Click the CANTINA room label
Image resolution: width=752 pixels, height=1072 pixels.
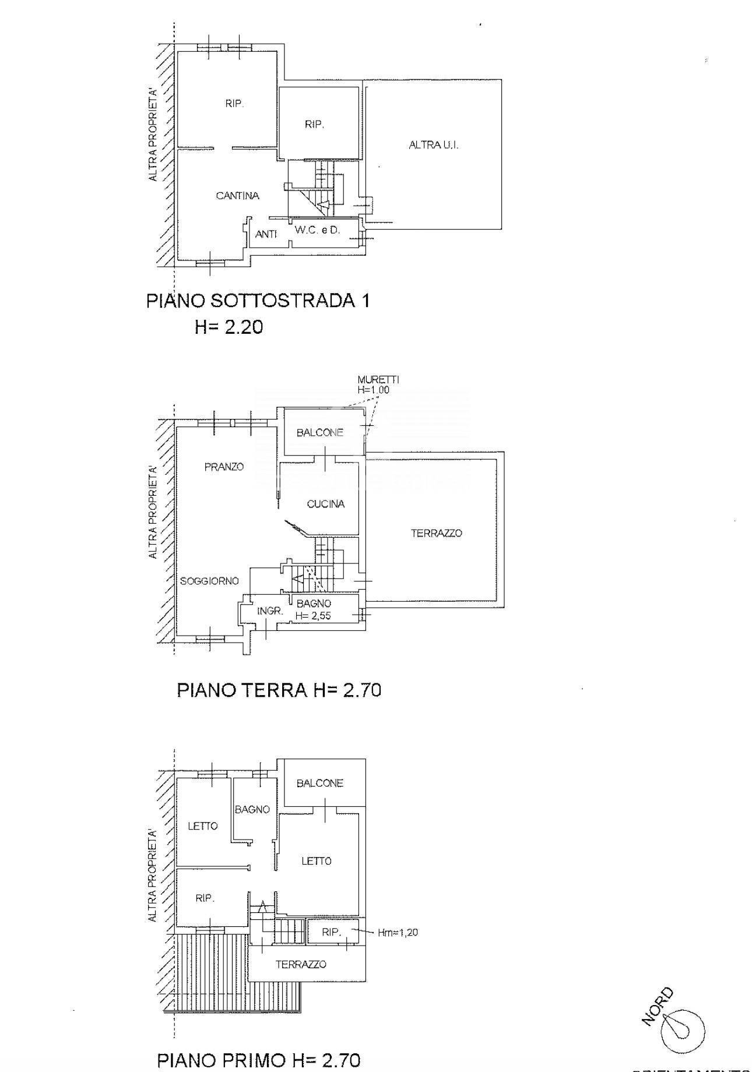pyautogui.click(x=237, y=196)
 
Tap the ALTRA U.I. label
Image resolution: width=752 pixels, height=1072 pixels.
pyautogui.click(x=433, y=145)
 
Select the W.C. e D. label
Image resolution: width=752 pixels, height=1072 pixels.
pyautogui.click(x=317, y=230)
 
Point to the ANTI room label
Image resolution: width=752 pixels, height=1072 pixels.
pyautogui.click(x=266, y=234)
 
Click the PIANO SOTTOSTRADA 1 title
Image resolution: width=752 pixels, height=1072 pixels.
pyautogui.click(x=258, y=301)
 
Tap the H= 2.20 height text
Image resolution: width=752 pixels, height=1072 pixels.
pyautogui.click(x=229, y=327)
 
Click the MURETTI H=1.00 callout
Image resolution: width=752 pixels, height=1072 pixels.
pyautogui.click(x=378, y=385)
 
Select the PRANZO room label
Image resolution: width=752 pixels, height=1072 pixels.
pyautogui.click(x=224, y=467)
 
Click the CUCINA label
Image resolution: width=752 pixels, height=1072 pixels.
pyautogui.click(x=325, y=504)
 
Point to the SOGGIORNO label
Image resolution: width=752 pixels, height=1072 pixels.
pyautogui.click(x=209, y=581)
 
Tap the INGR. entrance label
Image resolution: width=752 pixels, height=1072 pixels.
pyautogui.click(x=270, y=611)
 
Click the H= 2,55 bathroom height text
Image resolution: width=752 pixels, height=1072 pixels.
pyautogui.click(x=314, y=615)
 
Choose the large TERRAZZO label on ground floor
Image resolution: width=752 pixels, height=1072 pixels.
pyautogui.click(x=436, y=533)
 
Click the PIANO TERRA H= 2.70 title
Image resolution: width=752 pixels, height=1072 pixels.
pyautogui.click(x=279, y=690)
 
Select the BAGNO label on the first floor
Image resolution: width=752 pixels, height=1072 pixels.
pyautogui.click(x=252, y=809)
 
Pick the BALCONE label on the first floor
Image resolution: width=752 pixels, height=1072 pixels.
pyautogui.click(x=319, y=783)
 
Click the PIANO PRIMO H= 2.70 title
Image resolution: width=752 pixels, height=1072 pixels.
pyautogui.click(x=259, y=1060)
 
